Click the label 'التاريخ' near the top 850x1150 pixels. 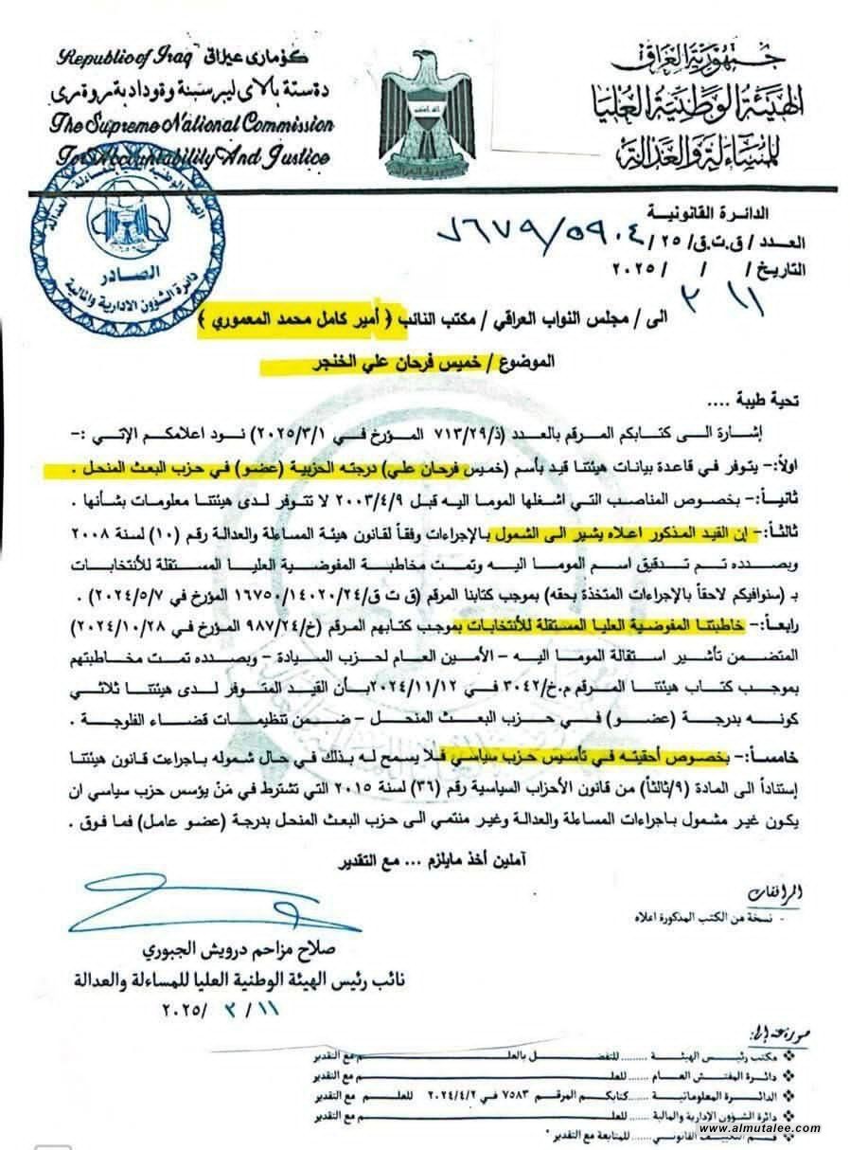click(777, 268)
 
